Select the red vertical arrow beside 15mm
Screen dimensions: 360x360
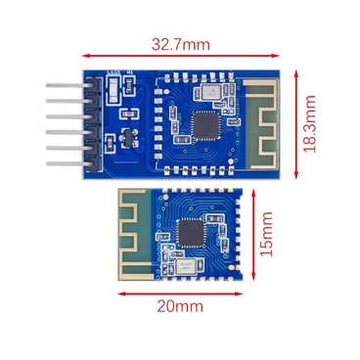tap(254, 237)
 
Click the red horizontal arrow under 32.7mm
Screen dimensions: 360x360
tap(181, 56)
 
